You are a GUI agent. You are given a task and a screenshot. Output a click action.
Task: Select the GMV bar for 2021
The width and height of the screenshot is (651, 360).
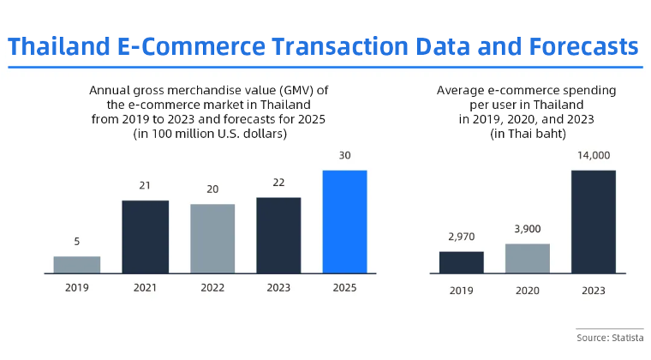pos(145,237)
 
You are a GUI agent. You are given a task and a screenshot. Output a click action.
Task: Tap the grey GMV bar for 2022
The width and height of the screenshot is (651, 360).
pos(212,238)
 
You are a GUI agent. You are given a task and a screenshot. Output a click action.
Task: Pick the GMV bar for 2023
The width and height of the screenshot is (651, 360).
pos(278,235)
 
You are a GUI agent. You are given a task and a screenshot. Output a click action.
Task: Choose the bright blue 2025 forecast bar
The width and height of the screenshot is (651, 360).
pos(344,221)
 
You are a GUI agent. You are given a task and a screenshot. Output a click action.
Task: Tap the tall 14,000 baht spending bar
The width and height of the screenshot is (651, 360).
pos(594,222)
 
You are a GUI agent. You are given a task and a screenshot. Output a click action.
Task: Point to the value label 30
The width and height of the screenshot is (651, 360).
pos(344,156)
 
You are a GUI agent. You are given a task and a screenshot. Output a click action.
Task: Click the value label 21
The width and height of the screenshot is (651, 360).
pos(145,186)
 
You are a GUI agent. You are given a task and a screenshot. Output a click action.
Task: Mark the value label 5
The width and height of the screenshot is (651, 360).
pos(77,242)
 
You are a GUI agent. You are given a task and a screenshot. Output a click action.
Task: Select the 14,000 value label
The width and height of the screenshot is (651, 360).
pos(594,155)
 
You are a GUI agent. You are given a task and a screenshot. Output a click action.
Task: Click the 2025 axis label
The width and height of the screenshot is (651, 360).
pos(344,289)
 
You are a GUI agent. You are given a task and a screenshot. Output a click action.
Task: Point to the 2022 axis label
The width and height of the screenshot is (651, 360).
pos(212,289)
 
